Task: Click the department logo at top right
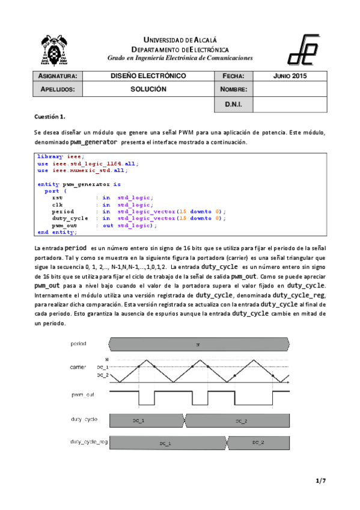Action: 305,49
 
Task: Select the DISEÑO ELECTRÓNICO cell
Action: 148,76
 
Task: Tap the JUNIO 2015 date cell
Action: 290,76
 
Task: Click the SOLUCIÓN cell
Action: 148,89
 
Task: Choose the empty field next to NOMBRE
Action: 290,89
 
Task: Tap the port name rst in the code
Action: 57,198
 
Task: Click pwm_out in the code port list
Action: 64,225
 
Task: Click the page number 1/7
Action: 320,481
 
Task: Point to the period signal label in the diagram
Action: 78,344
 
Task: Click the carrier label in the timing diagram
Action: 78,366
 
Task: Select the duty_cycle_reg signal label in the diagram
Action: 89,442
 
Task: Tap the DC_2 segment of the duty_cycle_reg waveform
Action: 258,442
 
